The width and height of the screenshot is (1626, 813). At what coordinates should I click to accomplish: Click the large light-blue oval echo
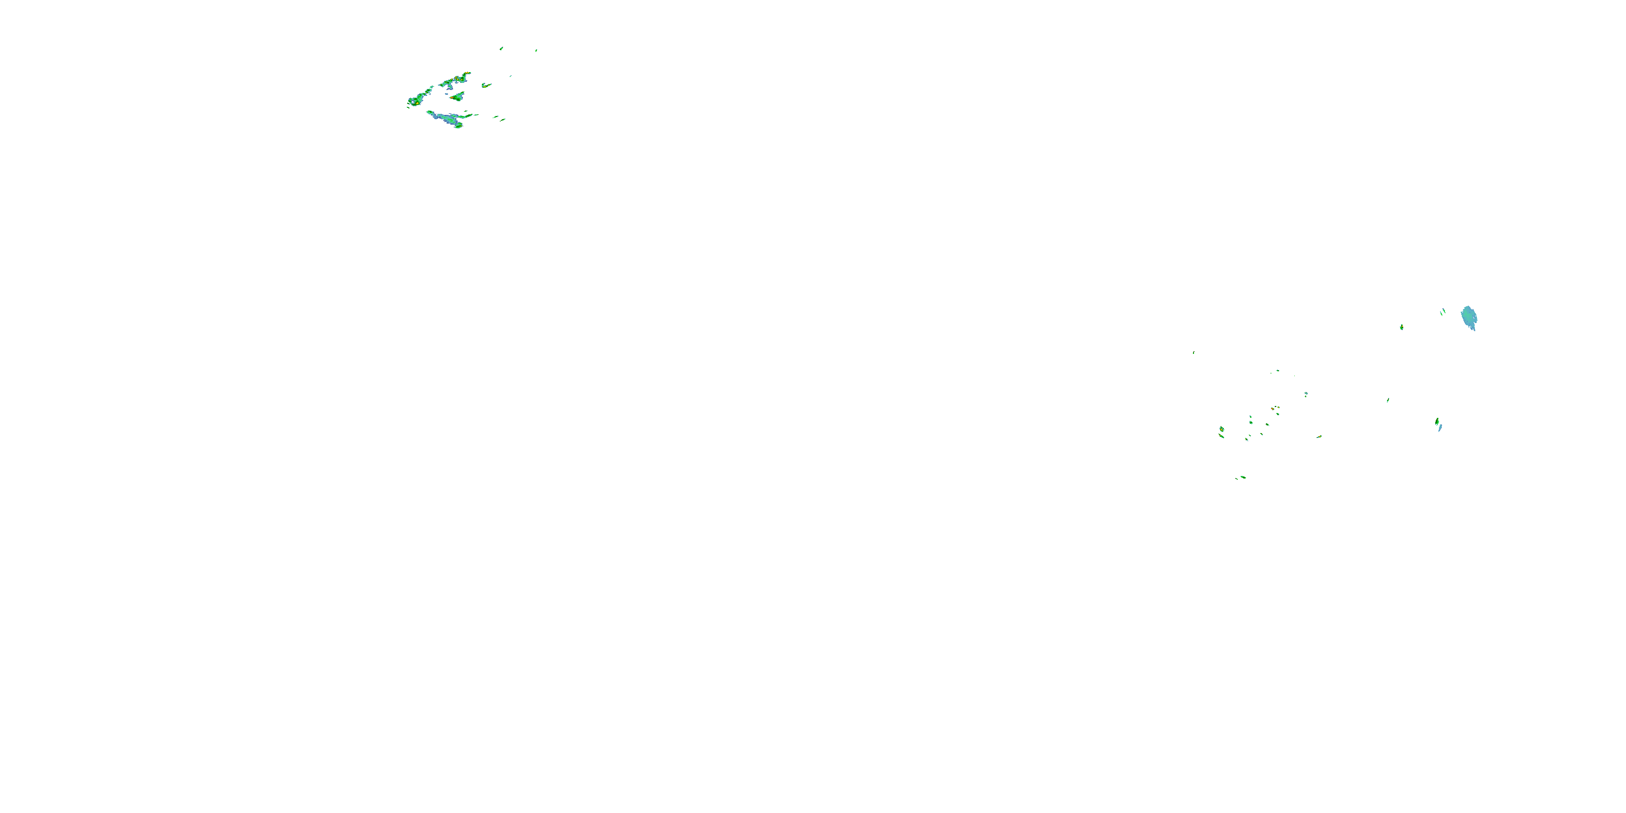[x=1469, y=317]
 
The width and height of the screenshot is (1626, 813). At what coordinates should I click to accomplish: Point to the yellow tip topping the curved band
[x=467, y=74]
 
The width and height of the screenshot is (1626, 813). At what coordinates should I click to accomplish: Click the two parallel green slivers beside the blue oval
[x=1443, y=311]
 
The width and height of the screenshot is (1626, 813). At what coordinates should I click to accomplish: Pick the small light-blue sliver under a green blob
[x=1440, y=428]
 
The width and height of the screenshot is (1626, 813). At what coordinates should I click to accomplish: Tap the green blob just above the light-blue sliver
[x=1437, y=421]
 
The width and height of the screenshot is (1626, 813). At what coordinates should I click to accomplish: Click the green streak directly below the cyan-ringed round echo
[x=1223, y=436]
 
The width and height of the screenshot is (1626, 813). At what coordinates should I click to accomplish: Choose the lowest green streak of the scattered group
[x=1242, y=477]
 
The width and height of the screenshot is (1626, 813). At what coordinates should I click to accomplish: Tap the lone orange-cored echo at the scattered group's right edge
[x=1319, y=436]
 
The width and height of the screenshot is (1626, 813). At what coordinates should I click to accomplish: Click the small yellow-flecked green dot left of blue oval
[x=1401, y=327]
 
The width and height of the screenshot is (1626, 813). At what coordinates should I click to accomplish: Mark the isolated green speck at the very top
[x=501, y=48]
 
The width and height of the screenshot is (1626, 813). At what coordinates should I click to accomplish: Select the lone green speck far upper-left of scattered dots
[x=1193, y=353]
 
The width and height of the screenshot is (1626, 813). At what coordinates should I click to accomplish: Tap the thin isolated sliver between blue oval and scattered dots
[x=1388, y=399]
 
